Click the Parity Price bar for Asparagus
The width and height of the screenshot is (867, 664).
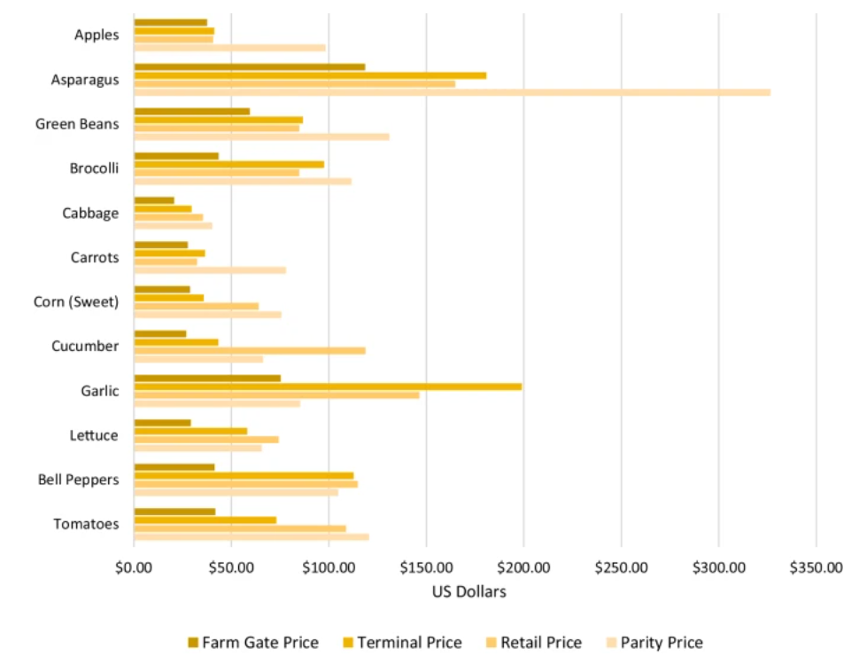click(452, 92)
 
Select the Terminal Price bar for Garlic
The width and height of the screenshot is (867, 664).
click(328, 387)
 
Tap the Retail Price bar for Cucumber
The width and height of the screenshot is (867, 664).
click(250, 350)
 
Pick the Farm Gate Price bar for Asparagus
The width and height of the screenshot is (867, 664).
click(249, 66)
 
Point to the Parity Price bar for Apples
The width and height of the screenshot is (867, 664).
click(229, 48)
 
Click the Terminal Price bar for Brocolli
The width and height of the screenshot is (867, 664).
click(228, 164)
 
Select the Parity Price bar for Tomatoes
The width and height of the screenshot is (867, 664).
click(252, 536)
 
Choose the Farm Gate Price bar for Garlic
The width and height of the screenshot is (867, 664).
click(207, 378)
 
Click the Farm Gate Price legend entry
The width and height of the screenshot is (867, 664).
click(252, 643)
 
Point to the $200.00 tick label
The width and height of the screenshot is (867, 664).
click(523, 567)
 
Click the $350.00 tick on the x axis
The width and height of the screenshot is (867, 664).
click(816, 567)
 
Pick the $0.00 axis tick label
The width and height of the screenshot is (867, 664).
click(134, 567)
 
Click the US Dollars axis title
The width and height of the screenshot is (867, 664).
click(468, 591)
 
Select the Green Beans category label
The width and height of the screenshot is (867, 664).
click(77, 124)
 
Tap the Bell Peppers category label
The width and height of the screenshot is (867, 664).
click(78, 480)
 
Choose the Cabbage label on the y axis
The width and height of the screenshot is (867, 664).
click(90, 213)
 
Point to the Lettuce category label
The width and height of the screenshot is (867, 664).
click(94, 435)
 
